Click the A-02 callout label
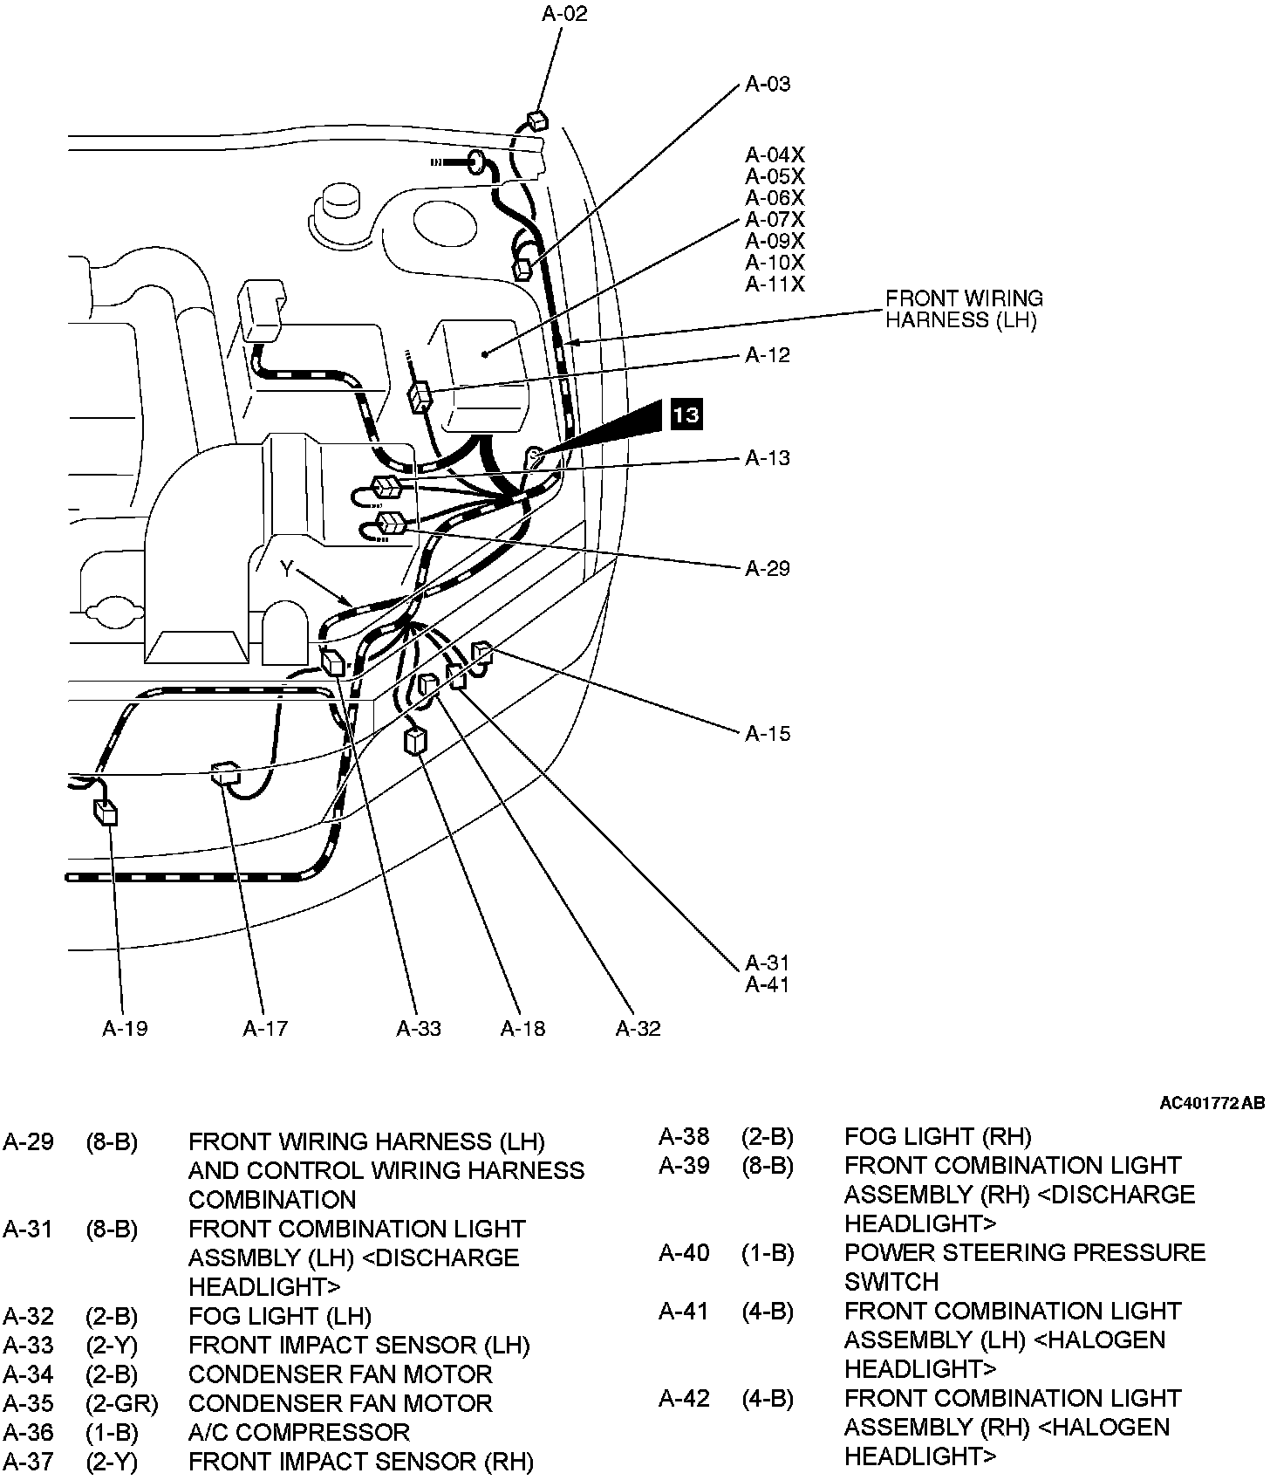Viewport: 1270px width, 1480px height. click(564, 14)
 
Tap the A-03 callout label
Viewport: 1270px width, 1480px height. click(768, 84)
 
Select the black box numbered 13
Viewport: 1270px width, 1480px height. click(686, 414)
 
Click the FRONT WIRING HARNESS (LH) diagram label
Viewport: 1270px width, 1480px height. click(964, 309)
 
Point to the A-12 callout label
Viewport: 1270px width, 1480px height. click(768, 355)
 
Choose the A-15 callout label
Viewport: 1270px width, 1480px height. click(768, 733)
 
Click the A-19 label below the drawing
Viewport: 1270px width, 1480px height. click(125, 1028)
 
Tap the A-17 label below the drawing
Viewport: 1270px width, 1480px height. click(265, 1028)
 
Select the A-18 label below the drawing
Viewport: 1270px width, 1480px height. click(522, 1028)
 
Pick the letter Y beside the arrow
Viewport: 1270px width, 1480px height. click(287, 569)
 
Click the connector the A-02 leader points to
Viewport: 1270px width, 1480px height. click(537, 120)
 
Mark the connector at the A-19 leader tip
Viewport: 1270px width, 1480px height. click(106, 812)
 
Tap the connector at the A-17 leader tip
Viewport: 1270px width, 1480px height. click(226, 773)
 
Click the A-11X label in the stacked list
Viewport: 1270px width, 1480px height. click(775, 284)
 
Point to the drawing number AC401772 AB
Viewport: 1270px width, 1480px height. click(1212, 1104)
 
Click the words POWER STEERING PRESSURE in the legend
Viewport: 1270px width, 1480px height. click(1024, 1252)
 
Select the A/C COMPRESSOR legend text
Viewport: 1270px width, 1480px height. click(298, 1432)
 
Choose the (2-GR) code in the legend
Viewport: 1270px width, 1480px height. click(122, 1403)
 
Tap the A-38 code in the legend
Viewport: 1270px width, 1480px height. click(684, 1136)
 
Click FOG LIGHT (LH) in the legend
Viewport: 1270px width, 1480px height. click(279, 1316)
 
